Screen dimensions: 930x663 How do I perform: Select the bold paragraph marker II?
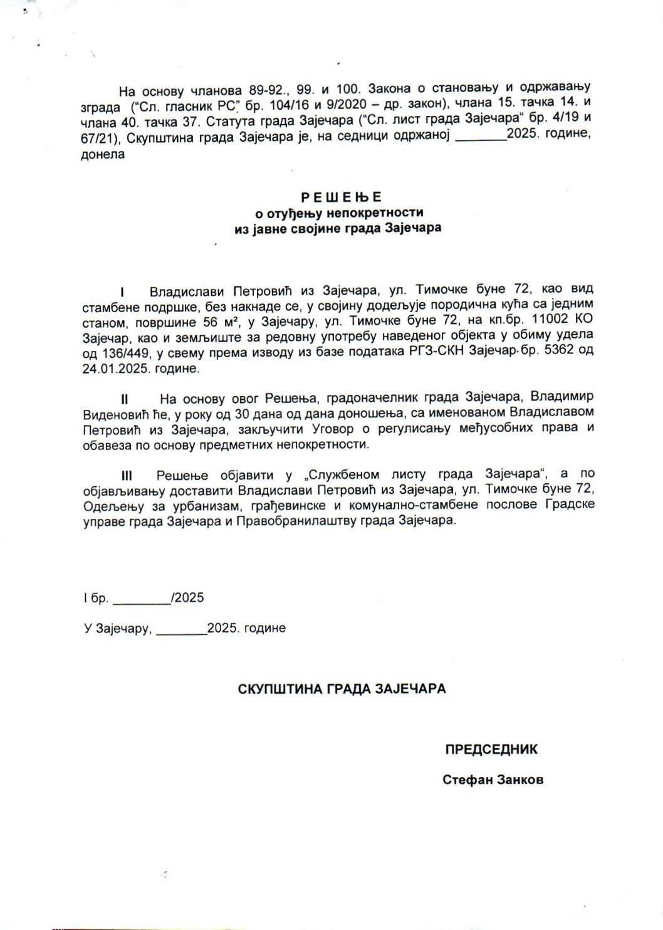pos(125,399)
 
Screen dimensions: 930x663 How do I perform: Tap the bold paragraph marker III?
pos(127,475)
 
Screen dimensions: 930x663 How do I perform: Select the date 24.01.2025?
pos(113,369)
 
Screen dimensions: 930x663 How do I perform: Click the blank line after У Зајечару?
pos(181,629)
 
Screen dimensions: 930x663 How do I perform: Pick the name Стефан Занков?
pos(493,780)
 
